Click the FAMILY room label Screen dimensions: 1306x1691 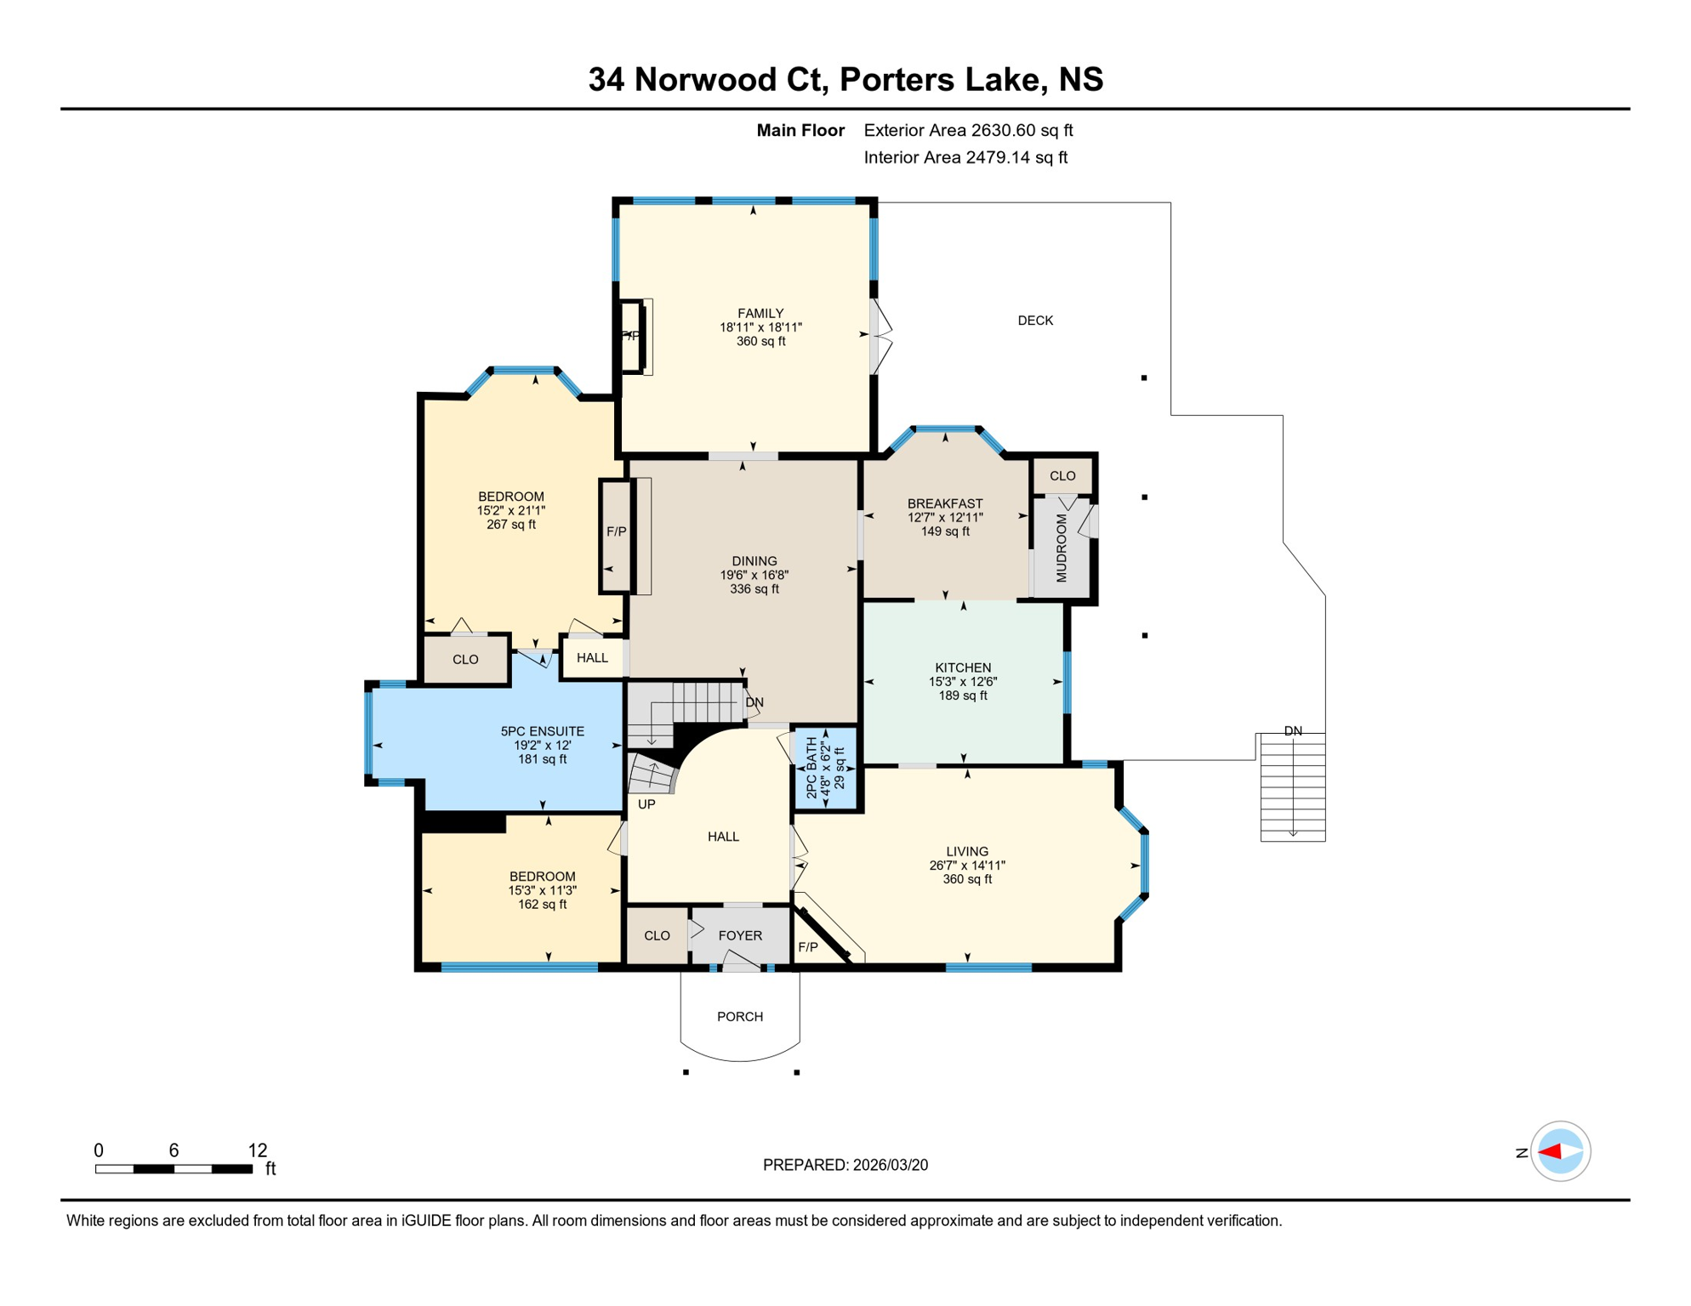(760, 313)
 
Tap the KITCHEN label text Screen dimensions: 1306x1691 (962, 667)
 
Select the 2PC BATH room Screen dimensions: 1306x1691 (824, 768)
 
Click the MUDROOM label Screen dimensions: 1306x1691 (1061, 548)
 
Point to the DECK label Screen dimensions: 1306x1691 (1034, 321)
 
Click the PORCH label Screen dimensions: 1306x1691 (739, 1016)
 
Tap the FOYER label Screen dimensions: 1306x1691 (739, 935)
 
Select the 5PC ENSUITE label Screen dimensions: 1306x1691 (542, 731)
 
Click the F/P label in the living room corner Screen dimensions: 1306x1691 (807, 947)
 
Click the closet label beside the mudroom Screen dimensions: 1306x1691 (1062, 476)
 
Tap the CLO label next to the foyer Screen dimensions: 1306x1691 (656, 935)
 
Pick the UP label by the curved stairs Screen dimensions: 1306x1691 (646, 803)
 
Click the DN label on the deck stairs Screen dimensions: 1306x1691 (1292, 730)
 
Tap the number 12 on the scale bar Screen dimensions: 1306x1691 (257, 1150)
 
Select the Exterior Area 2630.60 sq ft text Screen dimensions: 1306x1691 (967, 130)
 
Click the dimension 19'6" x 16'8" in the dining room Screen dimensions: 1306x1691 (754, 575)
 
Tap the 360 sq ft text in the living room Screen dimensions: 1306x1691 (966, 879)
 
